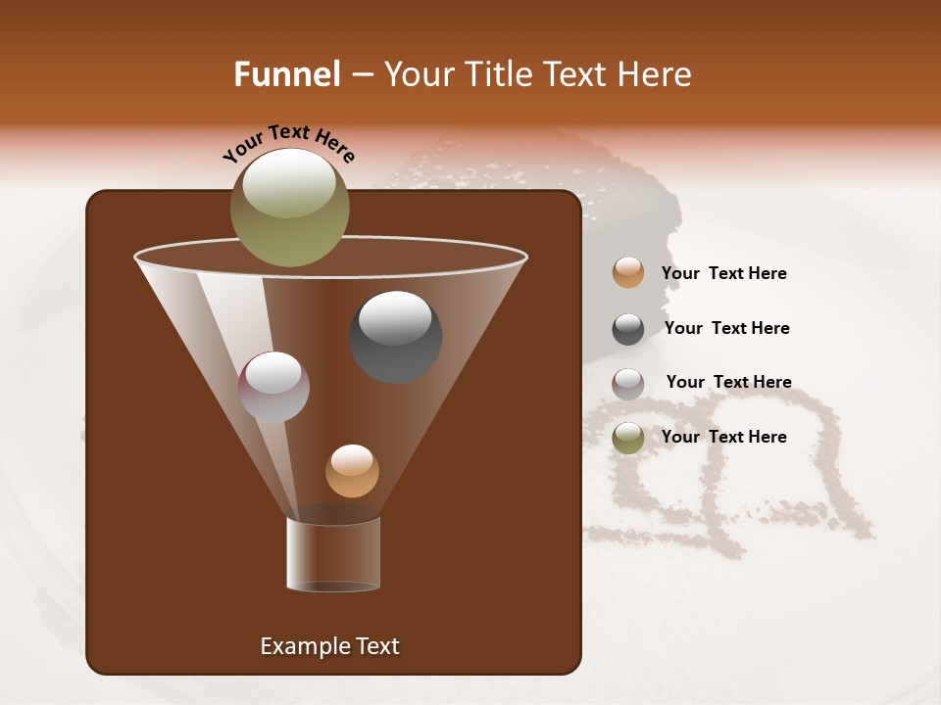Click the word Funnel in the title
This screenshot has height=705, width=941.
(286, 74)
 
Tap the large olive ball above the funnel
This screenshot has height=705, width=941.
(289, 208)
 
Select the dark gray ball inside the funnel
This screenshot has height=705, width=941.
(395, 337)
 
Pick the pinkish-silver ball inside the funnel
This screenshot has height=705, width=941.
(273, 387)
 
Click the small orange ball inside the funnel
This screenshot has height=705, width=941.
(352, 471)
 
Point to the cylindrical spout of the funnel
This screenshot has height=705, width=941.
(333, 554)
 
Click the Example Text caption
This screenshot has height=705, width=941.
(329, 646)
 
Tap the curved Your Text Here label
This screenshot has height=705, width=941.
(289, 143)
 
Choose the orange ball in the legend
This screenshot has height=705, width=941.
(628, 273)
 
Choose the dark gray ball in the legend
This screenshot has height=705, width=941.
(628, 329)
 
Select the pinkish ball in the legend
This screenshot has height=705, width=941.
(628, 384)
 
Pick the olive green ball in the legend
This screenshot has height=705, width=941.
(628, 438)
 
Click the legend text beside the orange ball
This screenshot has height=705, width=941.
(723, 273)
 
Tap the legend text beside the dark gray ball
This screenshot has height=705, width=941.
(726, 328)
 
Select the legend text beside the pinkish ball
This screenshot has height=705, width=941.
(728, 382)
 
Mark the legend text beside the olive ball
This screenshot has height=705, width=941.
(723, 437)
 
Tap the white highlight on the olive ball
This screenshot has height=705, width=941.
(289, 182)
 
